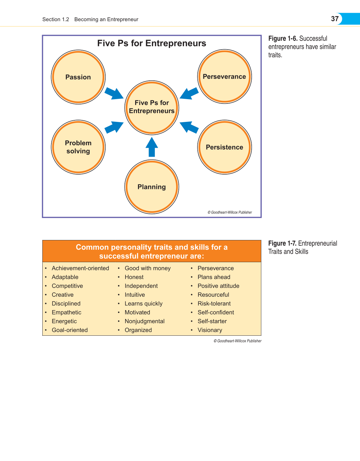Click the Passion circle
point(78,77)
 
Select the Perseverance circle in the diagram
point(224,76)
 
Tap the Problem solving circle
point(78,147)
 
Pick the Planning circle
point(152,187)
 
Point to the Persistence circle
point(224,147)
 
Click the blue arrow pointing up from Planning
point(152,147)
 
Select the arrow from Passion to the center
point(114,94)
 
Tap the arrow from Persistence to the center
point(189,127)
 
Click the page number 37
point(335,19)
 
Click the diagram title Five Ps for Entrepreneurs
point(152,43)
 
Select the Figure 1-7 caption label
point(282,243)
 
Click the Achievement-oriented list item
point(80,268)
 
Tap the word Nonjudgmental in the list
point(144,321)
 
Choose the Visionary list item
point(210,330)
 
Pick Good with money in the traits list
point(148,268)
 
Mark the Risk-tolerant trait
point(214,304)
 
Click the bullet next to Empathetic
point(46,313)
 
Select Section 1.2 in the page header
point(56,19)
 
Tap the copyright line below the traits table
point(237,341)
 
